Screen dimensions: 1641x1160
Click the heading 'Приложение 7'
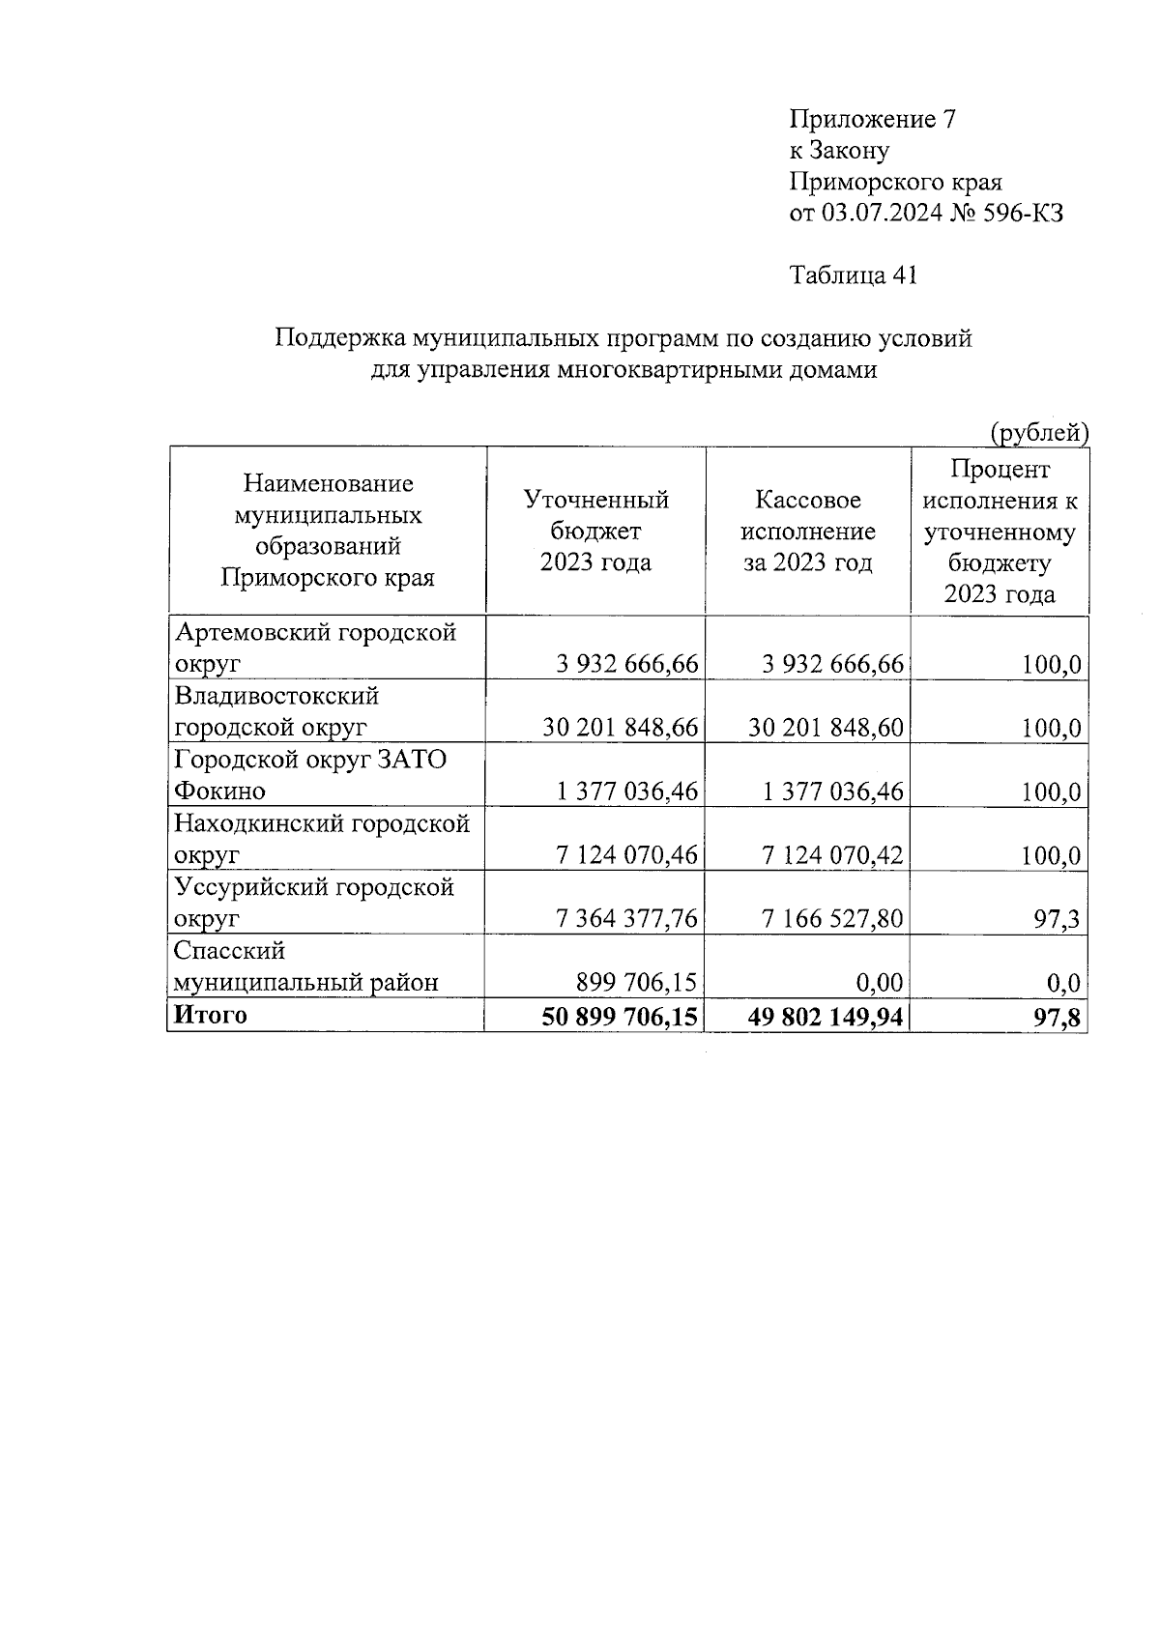(x=873, y=119)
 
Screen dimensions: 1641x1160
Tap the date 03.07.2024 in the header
(x=882, y=213)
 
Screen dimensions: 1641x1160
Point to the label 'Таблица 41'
(x=853, y=275)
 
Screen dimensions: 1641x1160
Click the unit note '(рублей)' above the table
(x=1039, y=433)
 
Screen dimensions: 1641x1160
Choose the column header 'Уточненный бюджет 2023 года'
(x=595, y=531)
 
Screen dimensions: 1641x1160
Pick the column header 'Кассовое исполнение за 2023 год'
(x=807, y=531)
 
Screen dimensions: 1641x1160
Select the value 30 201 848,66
(x=620, y=728)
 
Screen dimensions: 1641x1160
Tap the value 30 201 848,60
(x=826, y=728)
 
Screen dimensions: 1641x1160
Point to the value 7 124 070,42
(x=832, y=855)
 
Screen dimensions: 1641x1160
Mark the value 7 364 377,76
(x=626, y=919)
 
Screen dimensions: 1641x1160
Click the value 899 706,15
(x=636, y=983)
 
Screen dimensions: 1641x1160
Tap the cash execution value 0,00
(x=879, y=983)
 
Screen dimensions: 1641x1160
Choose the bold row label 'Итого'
(x=210, y=1015)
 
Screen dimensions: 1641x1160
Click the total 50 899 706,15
(x=620, y=1017)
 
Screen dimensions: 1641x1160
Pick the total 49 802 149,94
(x=826, y=1017)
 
